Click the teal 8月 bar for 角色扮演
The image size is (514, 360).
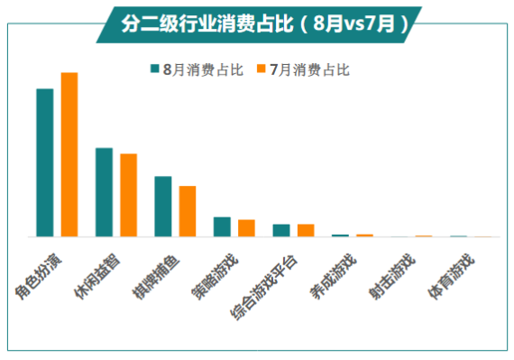click(44, 162)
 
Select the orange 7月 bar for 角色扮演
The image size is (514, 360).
click(69, 154)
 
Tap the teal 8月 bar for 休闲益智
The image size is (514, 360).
click(104, 192)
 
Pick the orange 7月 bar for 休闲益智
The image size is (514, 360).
click(128, 195)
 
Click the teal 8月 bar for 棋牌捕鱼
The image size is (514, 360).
click(163, 206)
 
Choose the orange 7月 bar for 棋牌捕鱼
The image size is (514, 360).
click(188, 211)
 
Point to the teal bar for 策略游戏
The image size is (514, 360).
click(222, 226)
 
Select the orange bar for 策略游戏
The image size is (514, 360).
click(246, 227)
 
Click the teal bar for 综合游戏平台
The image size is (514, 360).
click(281, 230)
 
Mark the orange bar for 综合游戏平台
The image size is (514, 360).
click(306, 230)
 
